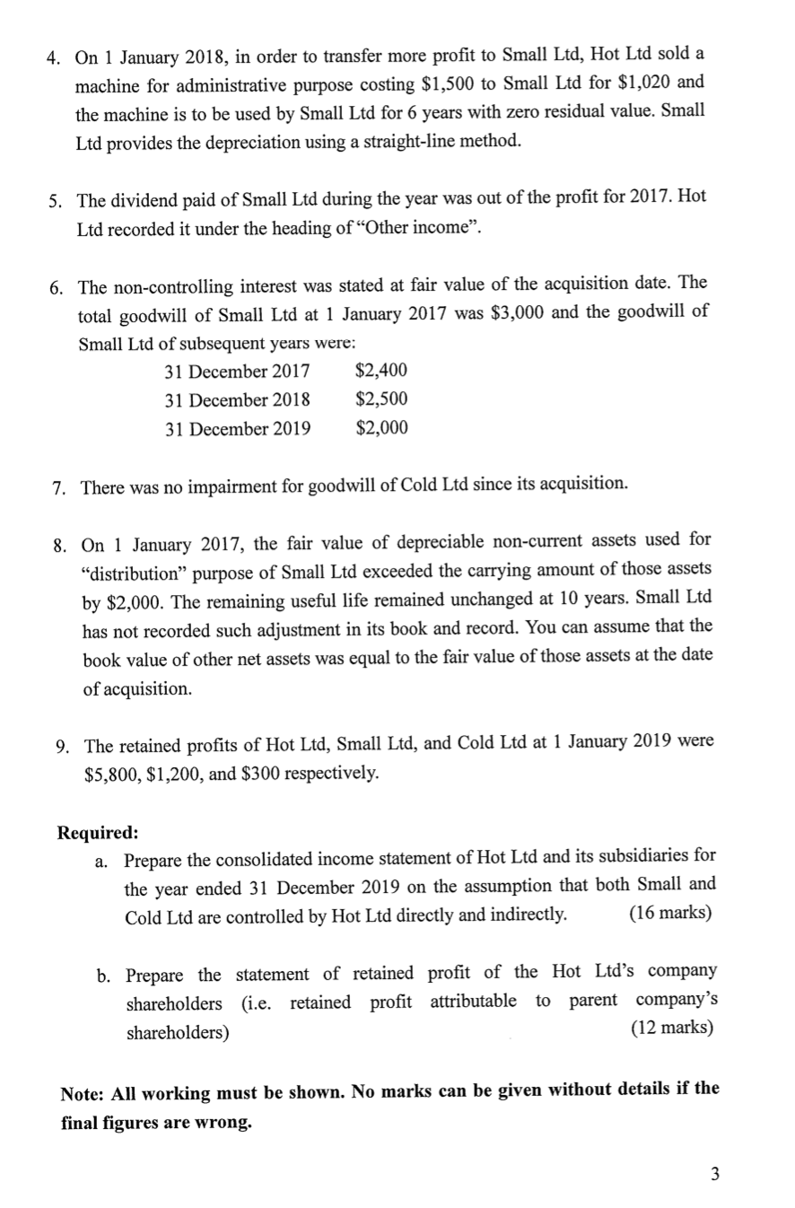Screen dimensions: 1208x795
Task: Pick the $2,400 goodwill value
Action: [381, 370]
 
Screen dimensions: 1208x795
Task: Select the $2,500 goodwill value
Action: [381, 398]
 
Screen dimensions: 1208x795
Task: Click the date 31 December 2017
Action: [238, 371]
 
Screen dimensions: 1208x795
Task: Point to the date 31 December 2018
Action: [238, 399]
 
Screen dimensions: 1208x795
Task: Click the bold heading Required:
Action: [97, 831]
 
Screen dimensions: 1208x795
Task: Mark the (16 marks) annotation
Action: [670, 914]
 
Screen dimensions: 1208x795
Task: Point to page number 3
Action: [714, 1173]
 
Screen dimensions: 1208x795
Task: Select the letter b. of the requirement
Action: [105, 974]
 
